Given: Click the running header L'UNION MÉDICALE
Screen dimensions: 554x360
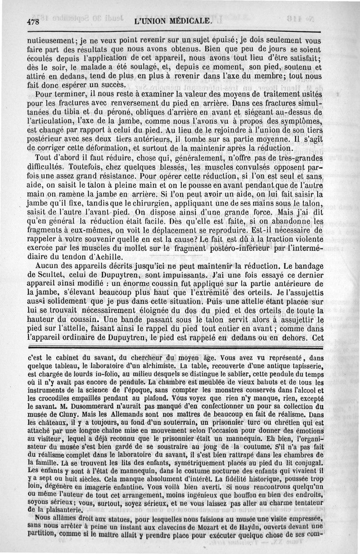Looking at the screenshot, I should coord(173,21).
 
